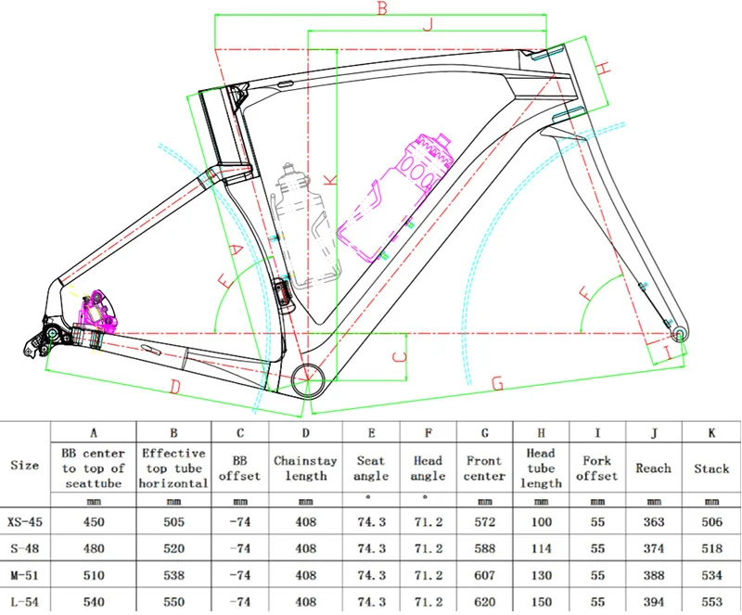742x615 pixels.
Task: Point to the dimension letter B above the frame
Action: (380, 8)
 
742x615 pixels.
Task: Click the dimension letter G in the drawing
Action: (497, 382)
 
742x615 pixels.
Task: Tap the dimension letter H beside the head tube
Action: (602, 68)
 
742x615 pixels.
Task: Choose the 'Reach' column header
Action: (653, 468)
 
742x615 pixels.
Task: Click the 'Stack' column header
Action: (711, 468)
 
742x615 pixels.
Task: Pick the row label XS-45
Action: (24, 521)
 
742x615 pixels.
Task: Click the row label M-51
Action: (24, 574)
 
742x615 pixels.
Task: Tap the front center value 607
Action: (484, 574)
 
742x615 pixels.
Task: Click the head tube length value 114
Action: (540, 548)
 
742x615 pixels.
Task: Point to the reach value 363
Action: (653, 521)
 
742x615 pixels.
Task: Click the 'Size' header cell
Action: (24, 465)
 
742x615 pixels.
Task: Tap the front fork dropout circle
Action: (680, 331)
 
